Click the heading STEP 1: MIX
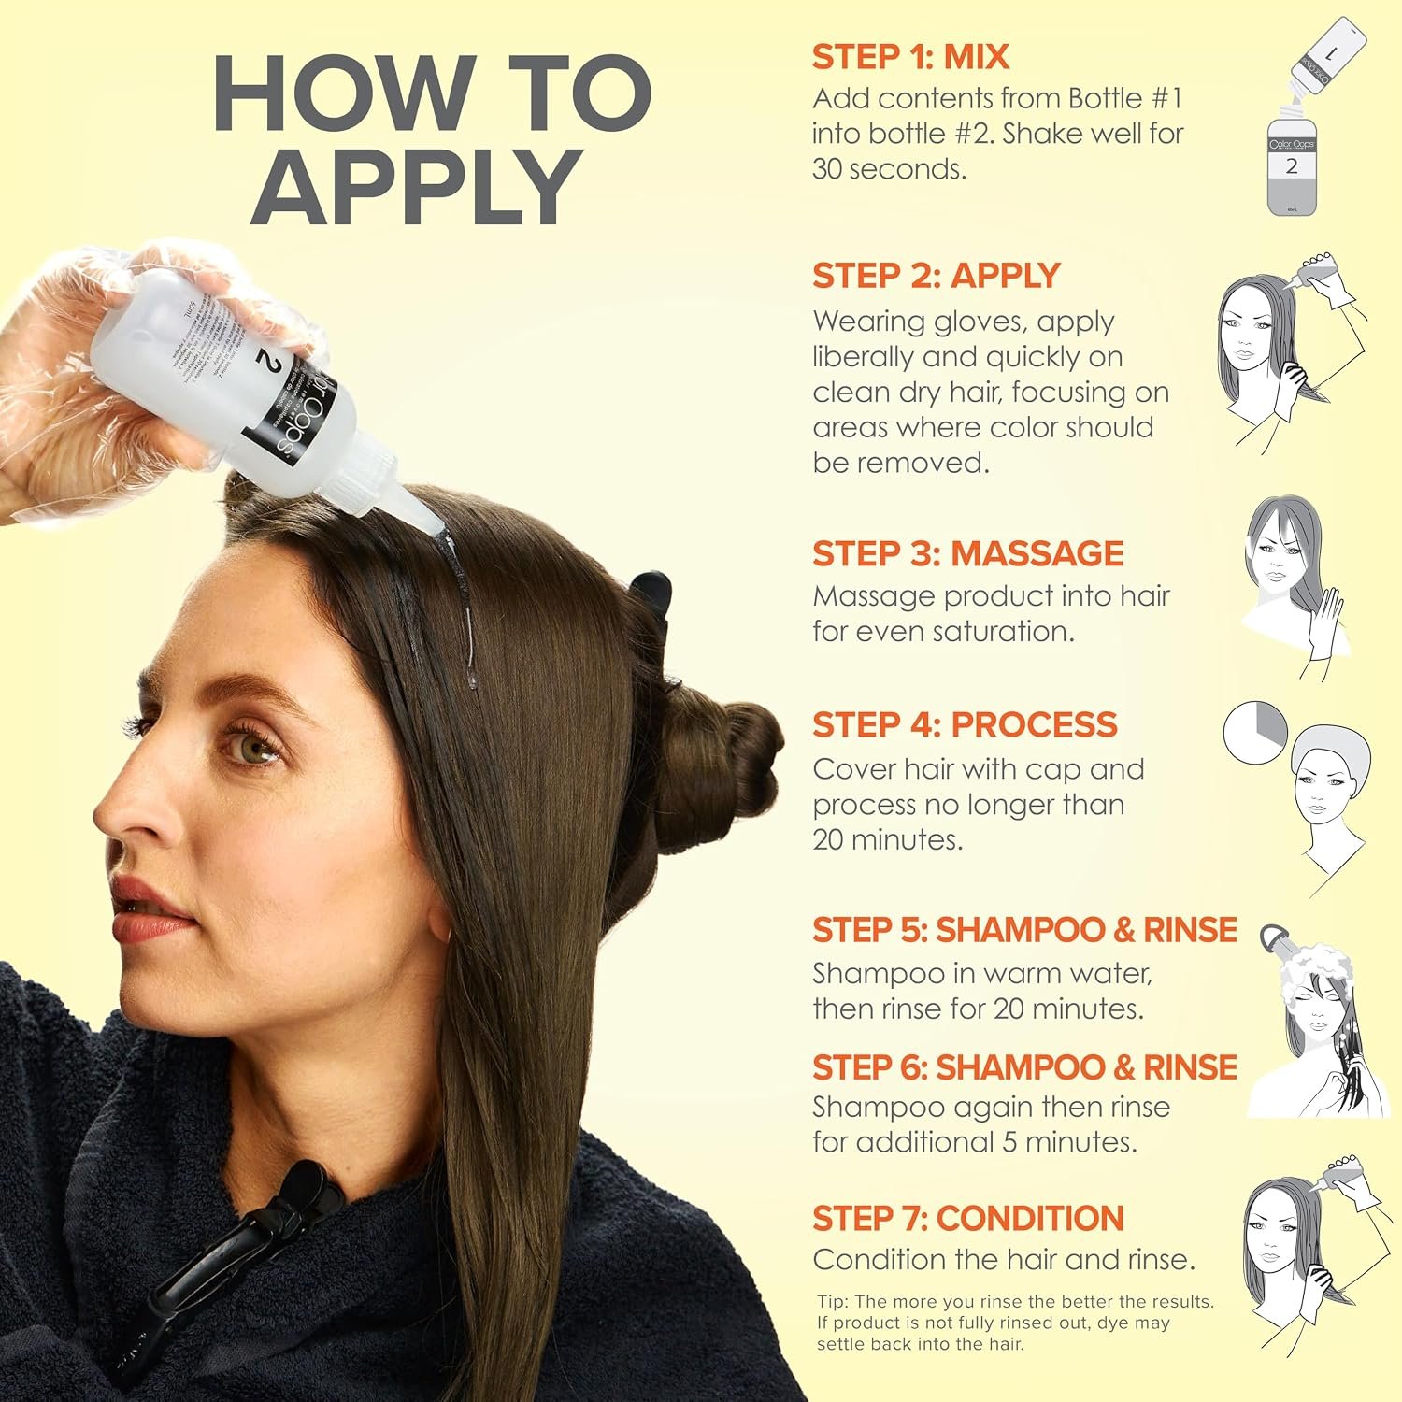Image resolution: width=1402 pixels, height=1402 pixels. click(910, 57)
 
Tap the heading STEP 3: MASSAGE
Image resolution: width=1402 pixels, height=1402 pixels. click(967, 553)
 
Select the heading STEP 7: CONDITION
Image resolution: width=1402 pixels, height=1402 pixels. click(967, 1219)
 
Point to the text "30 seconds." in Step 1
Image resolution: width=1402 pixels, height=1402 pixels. click(889, 169)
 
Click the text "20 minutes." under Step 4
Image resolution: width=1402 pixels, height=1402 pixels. click(887, 839)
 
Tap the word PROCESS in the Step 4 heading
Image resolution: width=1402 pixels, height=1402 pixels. click(1034, 724)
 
